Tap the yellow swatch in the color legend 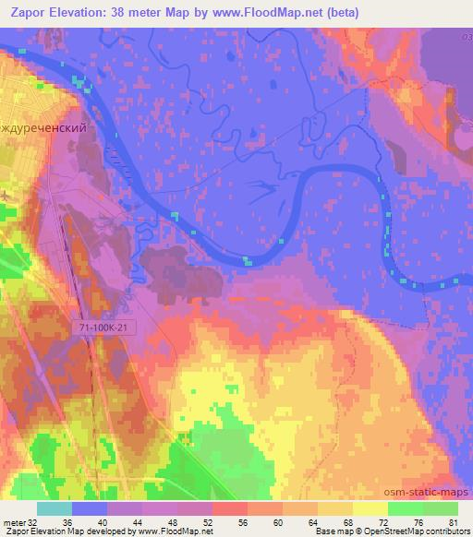coord(370,508)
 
